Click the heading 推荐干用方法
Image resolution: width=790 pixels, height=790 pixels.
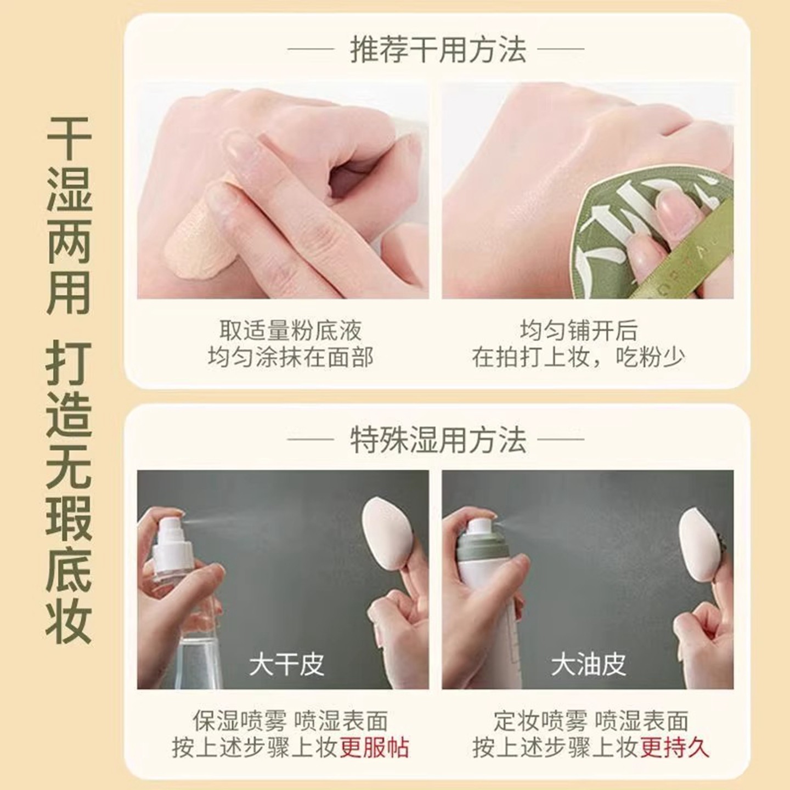(x=437, y=50)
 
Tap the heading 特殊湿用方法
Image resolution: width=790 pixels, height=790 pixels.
(x=437, y=440)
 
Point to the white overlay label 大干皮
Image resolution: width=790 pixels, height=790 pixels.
(x=286, y=664)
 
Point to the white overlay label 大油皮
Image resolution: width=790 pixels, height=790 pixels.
(x=588, y=664)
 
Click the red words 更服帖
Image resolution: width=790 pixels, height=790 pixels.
(x=374, y=748)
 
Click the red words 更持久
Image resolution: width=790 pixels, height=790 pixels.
(x=675, y=748)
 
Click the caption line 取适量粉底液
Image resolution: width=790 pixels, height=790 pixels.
(x=290, y=331)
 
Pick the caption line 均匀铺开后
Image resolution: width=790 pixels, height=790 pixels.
(x=579, y=331)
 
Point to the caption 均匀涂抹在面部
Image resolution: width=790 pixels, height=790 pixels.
(x=290, y=358)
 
